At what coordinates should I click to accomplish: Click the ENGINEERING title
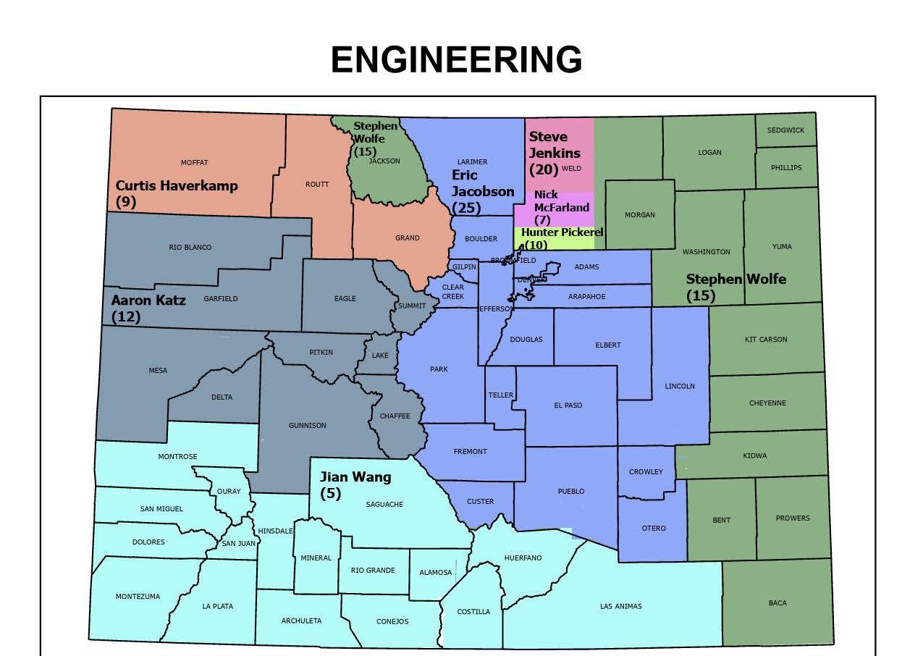457,59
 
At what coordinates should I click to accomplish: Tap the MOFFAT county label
194,163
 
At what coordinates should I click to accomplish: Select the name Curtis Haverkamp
177,185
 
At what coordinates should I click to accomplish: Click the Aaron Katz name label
148,300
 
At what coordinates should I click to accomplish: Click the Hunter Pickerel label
562,232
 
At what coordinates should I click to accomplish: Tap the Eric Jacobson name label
482,183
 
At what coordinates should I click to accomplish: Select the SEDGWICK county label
785,130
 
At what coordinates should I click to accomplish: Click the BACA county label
777,603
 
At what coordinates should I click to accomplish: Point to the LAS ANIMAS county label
620,607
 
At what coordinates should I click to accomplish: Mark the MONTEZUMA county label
138,597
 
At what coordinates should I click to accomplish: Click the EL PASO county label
568,405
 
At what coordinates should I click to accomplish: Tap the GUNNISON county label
307,426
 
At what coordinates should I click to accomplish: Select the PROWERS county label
793,518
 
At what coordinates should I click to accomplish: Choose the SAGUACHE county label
384,505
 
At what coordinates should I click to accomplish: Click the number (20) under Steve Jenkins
544,169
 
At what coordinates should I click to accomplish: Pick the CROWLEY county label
646,472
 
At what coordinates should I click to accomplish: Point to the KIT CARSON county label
766,340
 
